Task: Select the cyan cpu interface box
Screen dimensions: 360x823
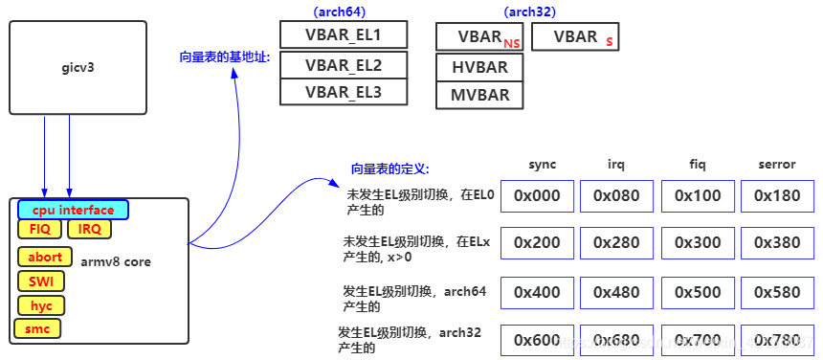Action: point(73,210)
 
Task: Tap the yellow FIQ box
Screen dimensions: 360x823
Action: point(39,229)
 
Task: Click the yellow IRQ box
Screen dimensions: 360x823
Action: point(89,229)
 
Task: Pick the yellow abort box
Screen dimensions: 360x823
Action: point(45,257)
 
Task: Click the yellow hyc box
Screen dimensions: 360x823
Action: point(41,305)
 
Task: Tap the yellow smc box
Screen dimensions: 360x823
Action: point(37,329)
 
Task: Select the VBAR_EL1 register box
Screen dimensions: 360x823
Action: point(344,35)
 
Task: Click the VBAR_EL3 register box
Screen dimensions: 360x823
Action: point(344,92)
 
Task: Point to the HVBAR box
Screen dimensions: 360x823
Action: point(479,67)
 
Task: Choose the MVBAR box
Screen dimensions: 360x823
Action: point(479,95)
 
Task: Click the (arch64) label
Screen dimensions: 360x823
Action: point(339,11)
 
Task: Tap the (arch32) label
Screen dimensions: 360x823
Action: point(529,11)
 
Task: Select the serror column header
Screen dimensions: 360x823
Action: point(776,165)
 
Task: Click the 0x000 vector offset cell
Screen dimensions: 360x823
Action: point(537,195)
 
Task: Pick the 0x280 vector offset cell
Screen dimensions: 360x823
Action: point(616,243)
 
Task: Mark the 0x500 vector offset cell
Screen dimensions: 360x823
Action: point(698,292)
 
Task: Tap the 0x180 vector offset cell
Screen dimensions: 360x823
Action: point(776,195)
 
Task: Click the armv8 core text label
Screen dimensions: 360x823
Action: point(116,261)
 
